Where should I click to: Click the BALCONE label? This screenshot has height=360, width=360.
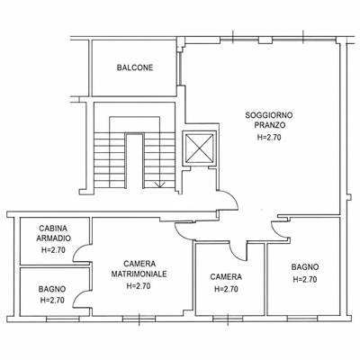[135, 67]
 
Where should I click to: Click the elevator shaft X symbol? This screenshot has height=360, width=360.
[200, 148]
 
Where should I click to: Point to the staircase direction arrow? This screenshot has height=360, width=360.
[158, 184]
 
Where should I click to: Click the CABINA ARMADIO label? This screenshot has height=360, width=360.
[54, 233]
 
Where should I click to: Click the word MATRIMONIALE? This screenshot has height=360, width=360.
[139, 274]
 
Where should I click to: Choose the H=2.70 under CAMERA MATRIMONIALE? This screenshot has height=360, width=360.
[139, 286]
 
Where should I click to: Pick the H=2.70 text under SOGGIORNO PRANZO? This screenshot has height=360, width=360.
[269, 138]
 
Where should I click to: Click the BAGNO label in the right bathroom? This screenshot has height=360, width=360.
[305, 266]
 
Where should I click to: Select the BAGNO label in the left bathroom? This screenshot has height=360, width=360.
[52, 289]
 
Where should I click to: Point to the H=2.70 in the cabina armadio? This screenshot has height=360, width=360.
[53, 250]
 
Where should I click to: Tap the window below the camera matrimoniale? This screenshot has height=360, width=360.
[139, 319]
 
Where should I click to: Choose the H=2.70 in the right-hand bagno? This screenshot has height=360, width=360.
[305, 279]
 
